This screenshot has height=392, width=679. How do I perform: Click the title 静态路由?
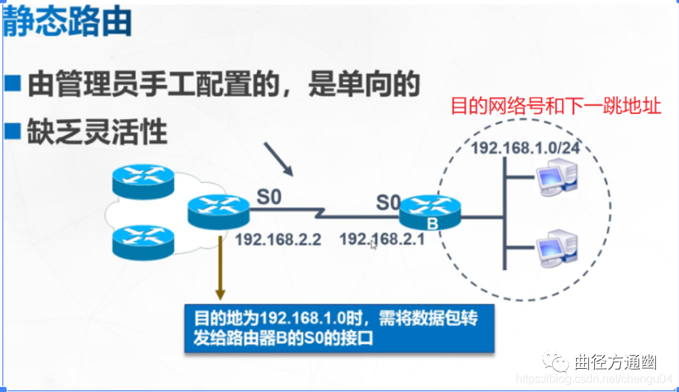(67, 22)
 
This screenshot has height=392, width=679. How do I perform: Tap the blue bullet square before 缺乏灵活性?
(12, 131)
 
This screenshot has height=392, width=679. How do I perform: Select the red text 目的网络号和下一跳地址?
(556, 106)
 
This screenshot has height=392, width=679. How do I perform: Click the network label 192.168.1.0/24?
(516, 147)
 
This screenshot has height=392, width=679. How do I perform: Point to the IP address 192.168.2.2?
(278, 239)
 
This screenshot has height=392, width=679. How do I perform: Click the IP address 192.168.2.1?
(382, 238)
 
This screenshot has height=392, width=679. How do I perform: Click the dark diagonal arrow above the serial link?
(278, 160)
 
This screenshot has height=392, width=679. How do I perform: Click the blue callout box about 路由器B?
(339, 327)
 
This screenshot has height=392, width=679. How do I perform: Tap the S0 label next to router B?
(388, 203)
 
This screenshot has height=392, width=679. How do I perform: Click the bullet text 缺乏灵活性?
(97, 132)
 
